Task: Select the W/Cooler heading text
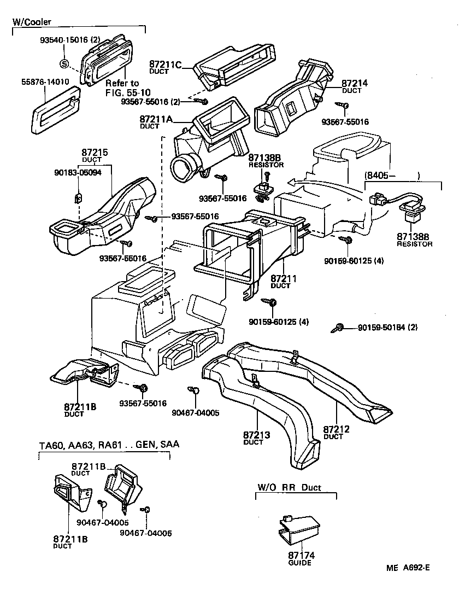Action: pos(32,22)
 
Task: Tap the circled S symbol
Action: pos(64,63)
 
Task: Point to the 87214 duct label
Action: pos(355,86)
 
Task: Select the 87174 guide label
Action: pos(299,558)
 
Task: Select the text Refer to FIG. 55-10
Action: pos(122,87)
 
